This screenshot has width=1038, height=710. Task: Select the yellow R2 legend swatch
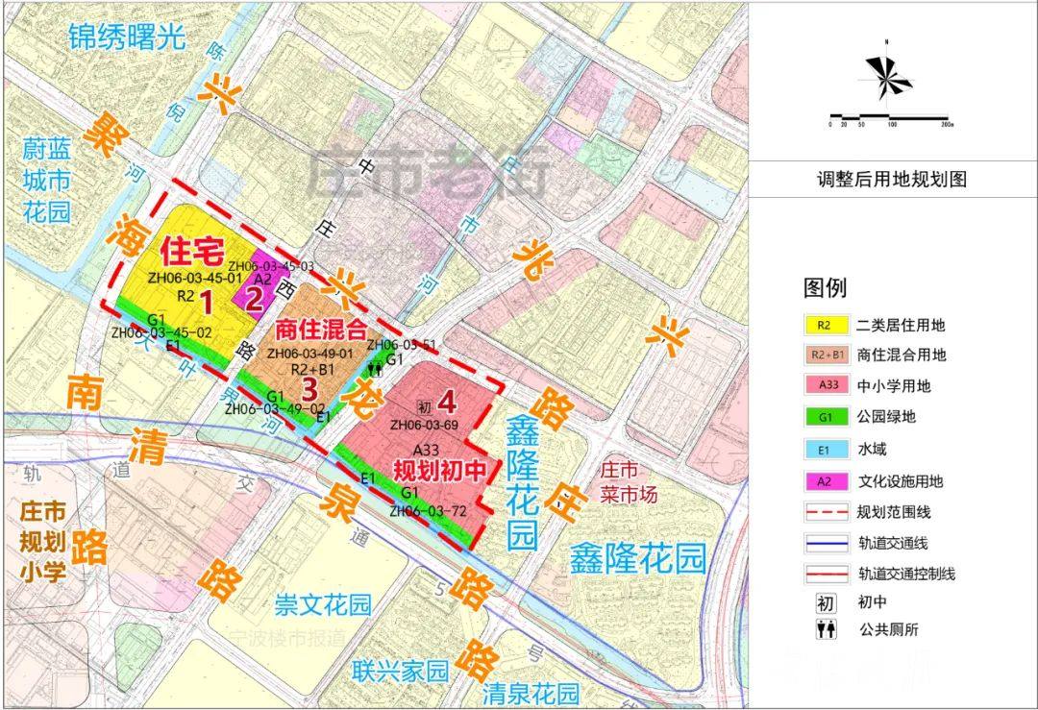tap(824, 325)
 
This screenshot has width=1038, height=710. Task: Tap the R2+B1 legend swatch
tap(824, 355)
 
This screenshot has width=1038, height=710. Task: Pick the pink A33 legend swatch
tap(824, 385)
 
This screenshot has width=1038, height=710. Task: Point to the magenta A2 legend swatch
tap(824, 481)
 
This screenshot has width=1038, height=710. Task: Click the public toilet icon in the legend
tap(825, 630)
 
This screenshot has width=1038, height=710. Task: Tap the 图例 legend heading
tap(825, 287)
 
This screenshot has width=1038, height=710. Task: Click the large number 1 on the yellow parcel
tap(206, 302)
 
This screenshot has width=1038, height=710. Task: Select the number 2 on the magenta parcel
tap(254, 298)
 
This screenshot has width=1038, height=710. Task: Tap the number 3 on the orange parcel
tap(309, 389)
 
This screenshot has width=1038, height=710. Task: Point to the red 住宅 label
tap(192, 252)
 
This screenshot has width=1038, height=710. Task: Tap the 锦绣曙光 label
tap(125, 37)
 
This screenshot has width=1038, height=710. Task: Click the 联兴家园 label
tap(400, 671)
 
